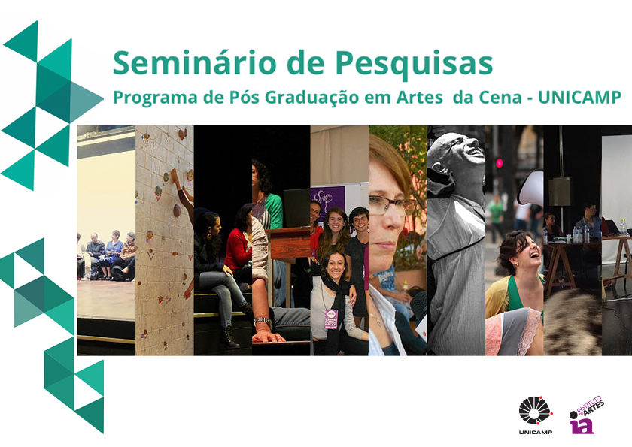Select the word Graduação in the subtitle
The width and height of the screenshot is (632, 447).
(x=312, y=98)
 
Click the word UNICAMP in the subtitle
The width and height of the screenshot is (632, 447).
(x=579, y=98)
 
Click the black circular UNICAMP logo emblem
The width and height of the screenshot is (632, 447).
(x=535, y=410)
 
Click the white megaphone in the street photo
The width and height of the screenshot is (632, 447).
(x=531, y=188)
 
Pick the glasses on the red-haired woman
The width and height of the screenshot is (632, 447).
(x=391, y=204)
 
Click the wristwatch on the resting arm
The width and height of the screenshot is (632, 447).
(x=263, y=322)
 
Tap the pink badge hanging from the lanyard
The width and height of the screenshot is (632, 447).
(x=331, y=319)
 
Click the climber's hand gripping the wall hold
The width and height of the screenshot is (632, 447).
(x=174, y=174)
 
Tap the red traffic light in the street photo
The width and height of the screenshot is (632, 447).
(x=500, y=163)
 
